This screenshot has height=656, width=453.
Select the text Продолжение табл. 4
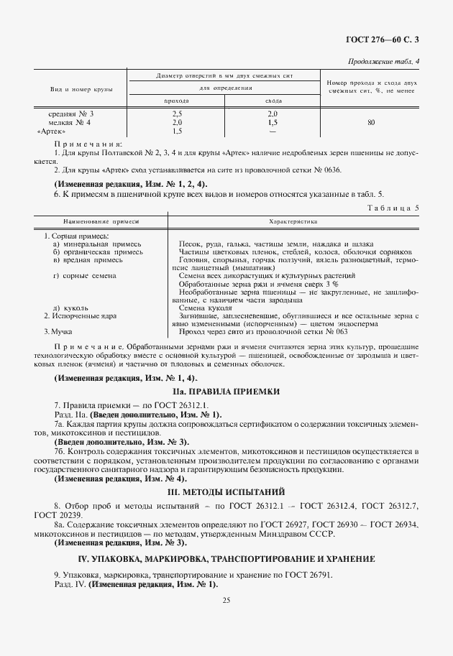(383, 61)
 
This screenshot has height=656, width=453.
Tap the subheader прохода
(177, 101)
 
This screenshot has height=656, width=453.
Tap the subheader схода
(273, 101)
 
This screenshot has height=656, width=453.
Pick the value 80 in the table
(370, 123)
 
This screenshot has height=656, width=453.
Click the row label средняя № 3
(70, 114)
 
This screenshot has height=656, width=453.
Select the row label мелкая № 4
(70, 123)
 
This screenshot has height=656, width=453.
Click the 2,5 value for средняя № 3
(177, 114)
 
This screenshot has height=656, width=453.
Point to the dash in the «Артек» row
(273, 131)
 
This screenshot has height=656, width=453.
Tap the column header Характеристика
(293, 222)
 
